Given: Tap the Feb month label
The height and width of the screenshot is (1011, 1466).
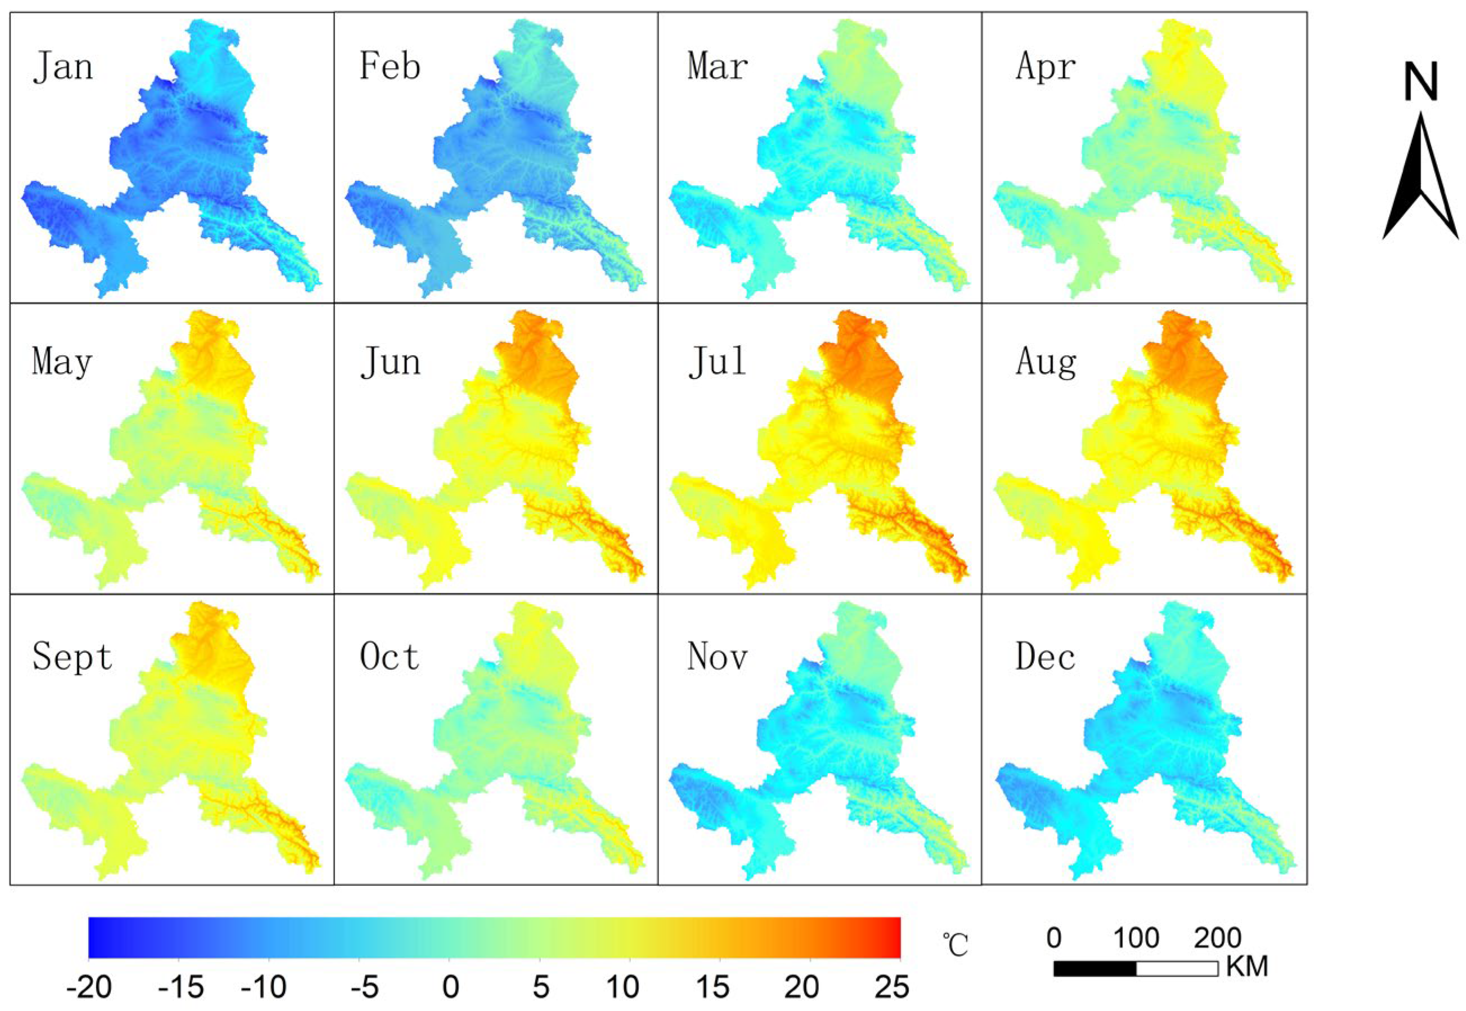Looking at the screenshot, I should (x=389, y=66).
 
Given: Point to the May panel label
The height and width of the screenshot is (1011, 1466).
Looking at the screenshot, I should (x=62, y=363).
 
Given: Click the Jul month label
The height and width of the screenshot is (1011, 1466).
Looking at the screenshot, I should (x=717, y=362).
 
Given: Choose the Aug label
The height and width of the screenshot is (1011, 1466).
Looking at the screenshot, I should (x=1046, y=363).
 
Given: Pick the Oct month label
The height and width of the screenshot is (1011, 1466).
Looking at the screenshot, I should (x=389, y=657).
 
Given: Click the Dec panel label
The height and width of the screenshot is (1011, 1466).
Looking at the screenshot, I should (x=1045, y=657).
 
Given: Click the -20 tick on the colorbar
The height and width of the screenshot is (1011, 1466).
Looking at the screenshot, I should (x=89, y=987).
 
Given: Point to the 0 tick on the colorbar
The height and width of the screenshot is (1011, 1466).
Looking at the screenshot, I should (x=451, y=987).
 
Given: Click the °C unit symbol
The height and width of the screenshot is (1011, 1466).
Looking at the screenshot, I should (x=955, y=946).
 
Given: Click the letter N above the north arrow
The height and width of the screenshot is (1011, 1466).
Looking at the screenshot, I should (x=1421, y=82).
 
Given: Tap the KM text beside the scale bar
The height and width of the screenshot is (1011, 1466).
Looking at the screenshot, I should (x=1247, y=967).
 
